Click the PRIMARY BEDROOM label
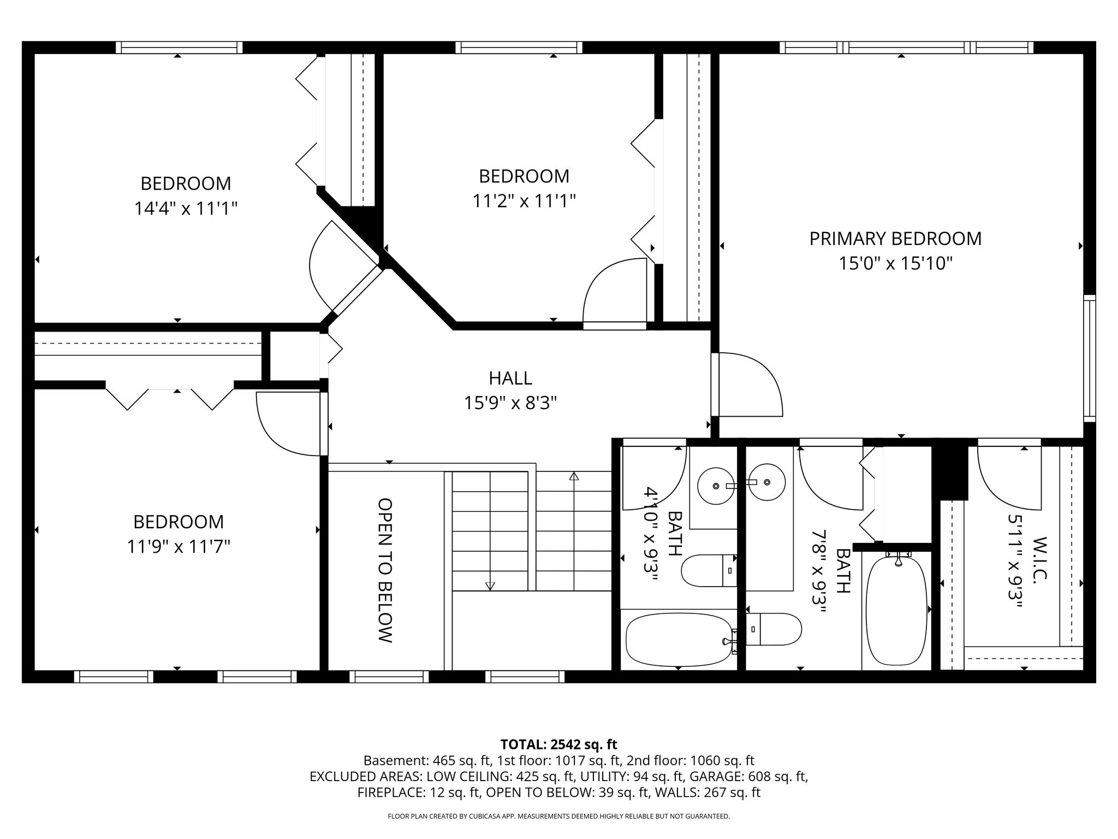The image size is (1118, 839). pos(895,239)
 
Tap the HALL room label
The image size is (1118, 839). pos(510,378)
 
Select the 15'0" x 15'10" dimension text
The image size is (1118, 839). pos(895,264)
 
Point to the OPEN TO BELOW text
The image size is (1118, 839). pos(385,570)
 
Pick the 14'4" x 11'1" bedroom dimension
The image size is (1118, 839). pos(186,208)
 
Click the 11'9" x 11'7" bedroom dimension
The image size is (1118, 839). pos(179,546)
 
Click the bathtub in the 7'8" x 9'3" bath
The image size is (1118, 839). pos(896,609)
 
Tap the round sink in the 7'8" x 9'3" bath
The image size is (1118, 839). pos(766,482)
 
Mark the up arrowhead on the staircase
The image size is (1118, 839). pos(574,476)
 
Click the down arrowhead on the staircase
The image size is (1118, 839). pos(490,586)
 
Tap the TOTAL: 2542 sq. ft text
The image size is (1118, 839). pos(558,745)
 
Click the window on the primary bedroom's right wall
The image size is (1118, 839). pos(1090,358)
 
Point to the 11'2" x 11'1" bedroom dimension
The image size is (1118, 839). pos(524,202)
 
